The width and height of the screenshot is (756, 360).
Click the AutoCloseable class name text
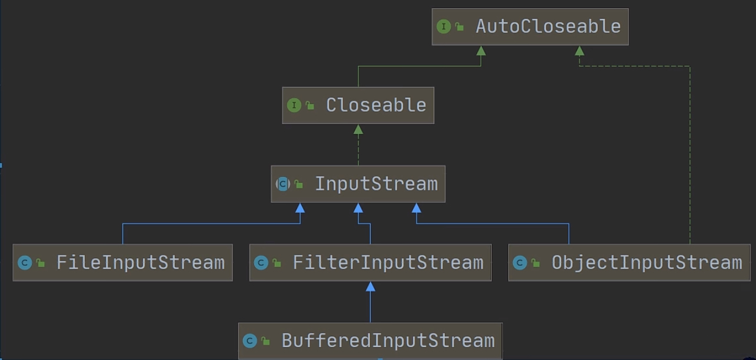tap(548, 26)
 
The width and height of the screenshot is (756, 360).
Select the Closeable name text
tap(376, 105)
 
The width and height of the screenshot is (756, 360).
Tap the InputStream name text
tap(377, 184)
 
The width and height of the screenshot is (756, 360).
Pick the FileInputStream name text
tap(141, 262)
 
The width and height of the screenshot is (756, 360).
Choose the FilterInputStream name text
tap(388, 262)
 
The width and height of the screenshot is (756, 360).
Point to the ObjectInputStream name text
tap(647, 263)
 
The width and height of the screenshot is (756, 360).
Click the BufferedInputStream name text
tap(388, 341)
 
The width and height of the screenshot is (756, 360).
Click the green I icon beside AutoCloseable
tap(444, 26)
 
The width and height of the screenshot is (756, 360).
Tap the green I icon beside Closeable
tap(294, 105)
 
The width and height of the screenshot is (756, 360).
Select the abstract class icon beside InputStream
tap(283, 184)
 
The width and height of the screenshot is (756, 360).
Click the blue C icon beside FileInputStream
tap(25, 262)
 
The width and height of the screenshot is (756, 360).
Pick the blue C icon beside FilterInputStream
tap(261, 262)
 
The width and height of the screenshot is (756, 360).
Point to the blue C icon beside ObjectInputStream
tap(519, 262)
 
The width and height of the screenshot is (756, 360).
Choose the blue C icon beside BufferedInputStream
tap(250, 341)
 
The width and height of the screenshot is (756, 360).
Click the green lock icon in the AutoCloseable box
tap(459, 26)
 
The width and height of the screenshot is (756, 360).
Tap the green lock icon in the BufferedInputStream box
tap(265, 341)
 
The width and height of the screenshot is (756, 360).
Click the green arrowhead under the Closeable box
tap(358, 129)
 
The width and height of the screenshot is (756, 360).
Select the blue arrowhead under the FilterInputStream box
tap(370, 287)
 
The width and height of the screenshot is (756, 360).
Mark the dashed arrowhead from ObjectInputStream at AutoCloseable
tap(580, 51)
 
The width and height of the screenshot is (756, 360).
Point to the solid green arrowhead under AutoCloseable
tap(481, 51)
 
